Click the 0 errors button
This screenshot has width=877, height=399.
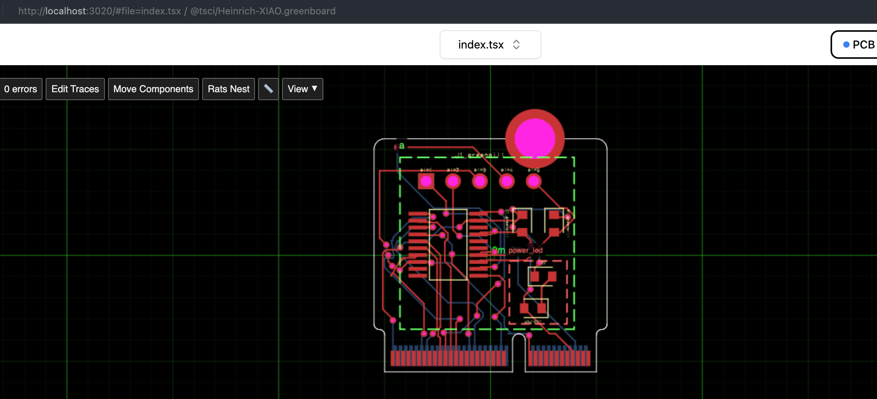click(21, 89)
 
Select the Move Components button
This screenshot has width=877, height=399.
click(153, 89)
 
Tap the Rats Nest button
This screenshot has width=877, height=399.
click(228, 89)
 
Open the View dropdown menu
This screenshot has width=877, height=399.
click(302, 89)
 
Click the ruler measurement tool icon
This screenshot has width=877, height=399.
click(269, 89)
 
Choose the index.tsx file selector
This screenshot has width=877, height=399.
click(490, 45)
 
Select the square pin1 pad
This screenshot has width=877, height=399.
click(426, 181)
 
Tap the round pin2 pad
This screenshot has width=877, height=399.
click(453, 181)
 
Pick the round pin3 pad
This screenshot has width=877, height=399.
click(480, 181)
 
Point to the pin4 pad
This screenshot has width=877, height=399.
click(506, 181)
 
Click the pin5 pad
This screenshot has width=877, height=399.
click(533, 181)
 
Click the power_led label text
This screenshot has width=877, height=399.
click(525, 250)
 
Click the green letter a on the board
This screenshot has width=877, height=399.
click(402, 146)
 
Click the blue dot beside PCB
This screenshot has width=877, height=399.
click(846, 45)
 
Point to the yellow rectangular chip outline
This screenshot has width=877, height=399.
click(448, 244)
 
